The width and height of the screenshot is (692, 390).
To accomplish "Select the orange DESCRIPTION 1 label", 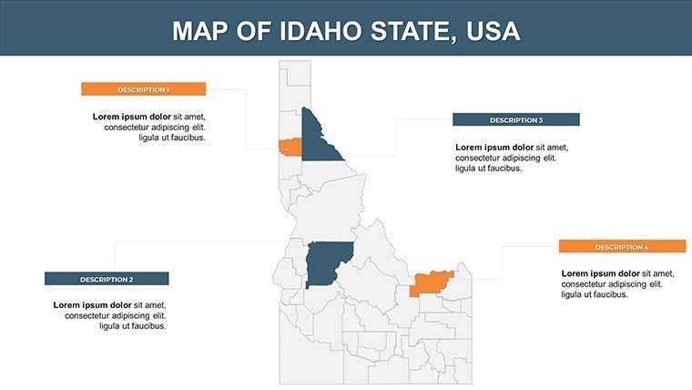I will [143, 89].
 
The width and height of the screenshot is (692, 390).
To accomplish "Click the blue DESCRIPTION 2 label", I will [107, 279].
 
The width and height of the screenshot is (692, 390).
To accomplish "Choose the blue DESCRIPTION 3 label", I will [515, 120].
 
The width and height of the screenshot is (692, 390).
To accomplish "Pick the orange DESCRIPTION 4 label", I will [622, 247].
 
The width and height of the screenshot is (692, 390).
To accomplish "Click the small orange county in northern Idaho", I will [290, 146].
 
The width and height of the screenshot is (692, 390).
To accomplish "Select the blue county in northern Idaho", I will [319, 141].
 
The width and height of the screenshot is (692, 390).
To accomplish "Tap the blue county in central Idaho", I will [328, 263].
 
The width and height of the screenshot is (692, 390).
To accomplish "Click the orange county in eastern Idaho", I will [430, 283].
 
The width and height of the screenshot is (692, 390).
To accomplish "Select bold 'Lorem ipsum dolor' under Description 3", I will [494, 147].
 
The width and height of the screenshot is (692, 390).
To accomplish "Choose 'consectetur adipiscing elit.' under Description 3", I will [505, 158].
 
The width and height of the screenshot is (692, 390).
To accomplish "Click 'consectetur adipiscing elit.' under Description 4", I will [612, 284].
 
